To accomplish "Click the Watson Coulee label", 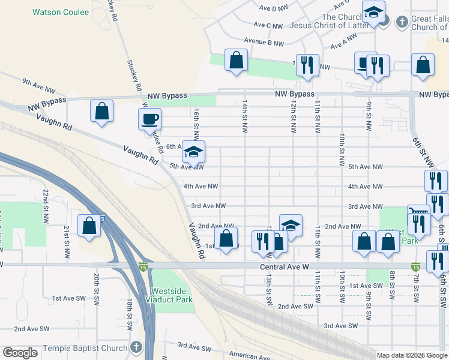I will tap(61, 12).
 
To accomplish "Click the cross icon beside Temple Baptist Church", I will tap(136, 348).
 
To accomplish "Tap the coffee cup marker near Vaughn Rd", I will tap(149, 119).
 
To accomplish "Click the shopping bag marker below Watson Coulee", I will tap(101, 111).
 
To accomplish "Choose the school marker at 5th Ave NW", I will tap(193, 152).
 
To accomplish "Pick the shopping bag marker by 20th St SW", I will tap(89, 226).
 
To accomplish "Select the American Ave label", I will tap(247, 356).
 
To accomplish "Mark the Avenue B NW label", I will tap(264, 43).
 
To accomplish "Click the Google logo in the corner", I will tap(20, 353).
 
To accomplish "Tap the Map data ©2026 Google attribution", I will tap(412, 355).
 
